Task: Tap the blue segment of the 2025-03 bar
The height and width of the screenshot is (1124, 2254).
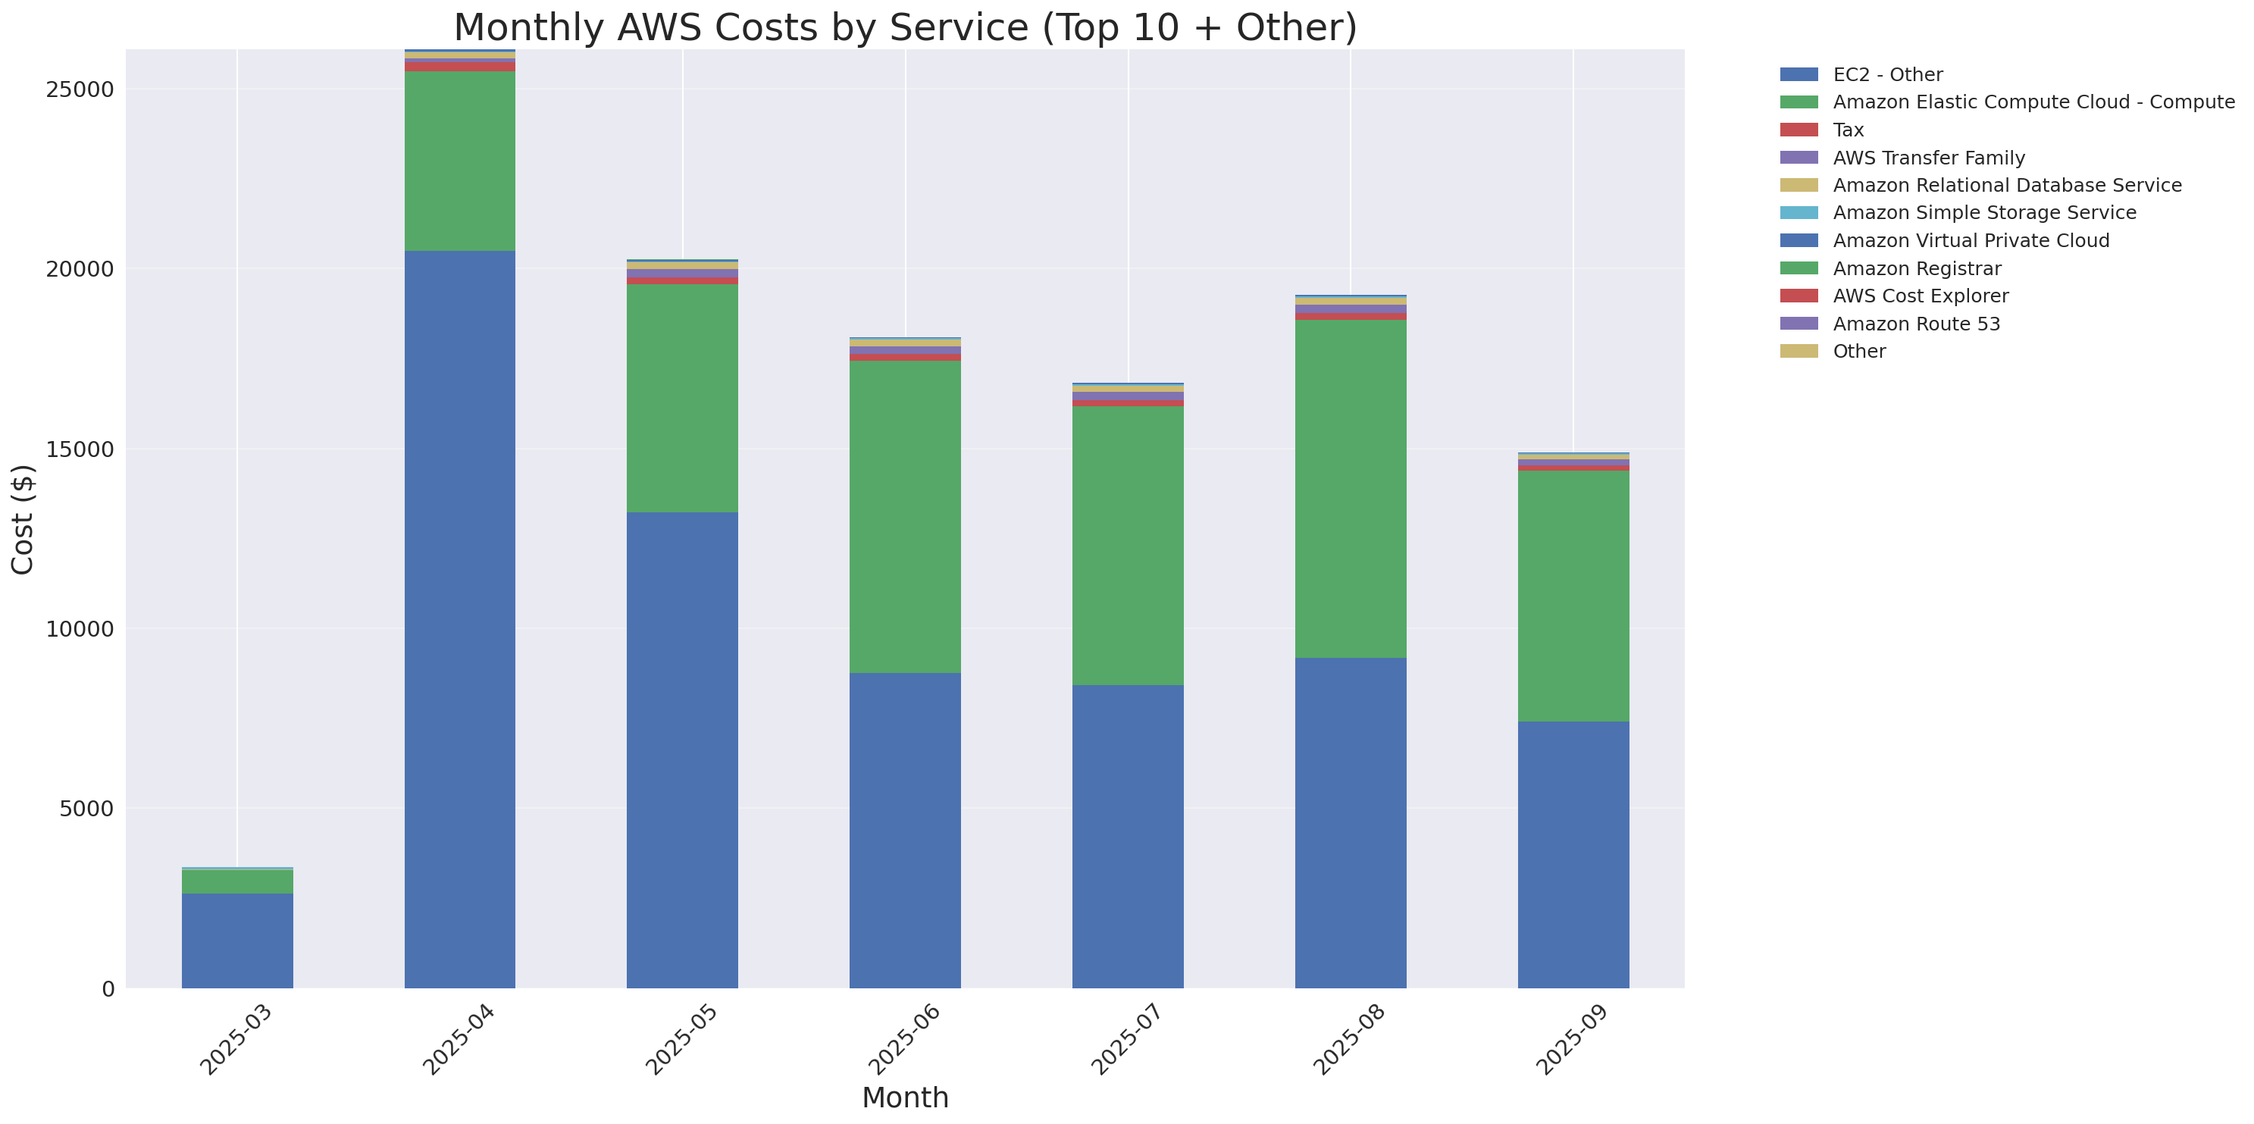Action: pyautogui.click(x=237, y=941)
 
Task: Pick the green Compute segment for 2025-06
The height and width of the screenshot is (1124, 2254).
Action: pyautogui.click(x=905, y=516)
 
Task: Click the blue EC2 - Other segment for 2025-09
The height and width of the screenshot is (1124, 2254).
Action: pyautogui.click(x=1573, y=855)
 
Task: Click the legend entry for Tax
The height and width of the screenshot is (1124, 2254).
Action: pyautogui.click(x=1848, y=130)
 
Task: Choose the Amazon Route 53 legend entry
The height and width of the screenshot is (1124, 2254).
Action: pyautogui.click(x=1915, y=324)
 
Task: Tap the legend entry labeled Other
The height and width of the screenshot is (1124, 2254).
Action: pyautogui.click(x=1858, y=351)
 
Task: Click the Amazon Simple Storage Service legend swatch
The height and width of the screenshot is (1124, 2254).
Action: pyautogui.click(x=1799, y=212)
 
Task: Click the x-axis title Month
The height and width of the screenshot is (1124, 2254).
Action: pyautogui.click(x=905, y=1097)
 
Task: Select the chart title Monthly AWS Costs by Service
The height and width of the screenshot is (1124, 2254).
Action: pyautogui.click(x=905, y=27)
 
